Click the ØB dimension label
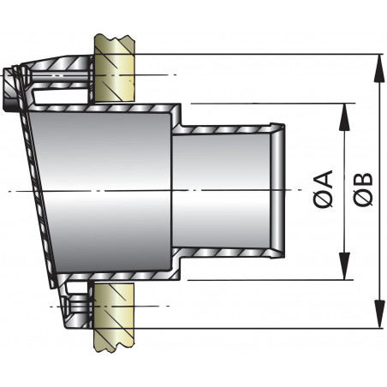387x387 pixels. coord(362,190)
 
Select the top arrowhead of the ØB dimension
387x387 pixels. coord(378,59)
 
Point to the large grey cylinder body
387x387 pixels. coord(103,190)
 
